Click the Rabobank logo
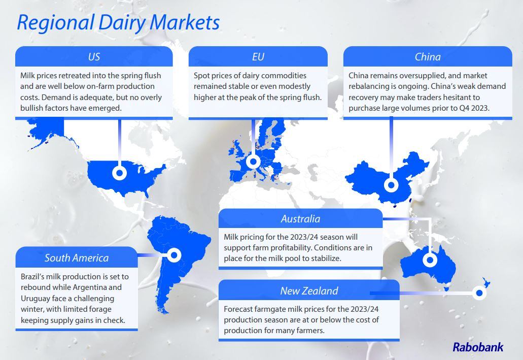click(478, 347)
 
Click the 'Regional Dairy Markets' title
click(118, 23)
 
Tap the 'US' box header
click(94, 56)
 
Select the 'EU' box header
click(258, 56)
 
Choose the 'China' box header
click(428, 56)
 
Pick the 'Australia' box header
click(300, 219)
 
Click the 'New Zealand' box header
click(308, 291)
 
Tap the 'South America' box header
click(76, 257)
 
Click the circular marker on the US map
click(119, 173)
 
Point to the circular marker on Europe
click(253, 162)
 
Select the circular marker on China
click(391, 185)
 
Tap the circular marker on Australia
click(430, 260)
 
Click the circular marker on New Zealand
click(478, 292)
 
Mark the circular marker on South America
click(174, 255)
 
